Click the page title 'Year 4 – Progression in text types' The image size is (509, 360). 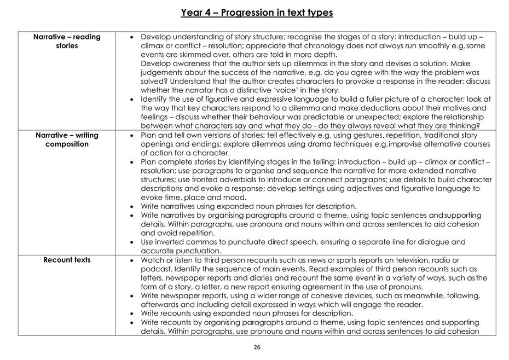[257, 13]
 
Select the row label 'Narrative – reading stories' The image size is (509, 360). [67, 41]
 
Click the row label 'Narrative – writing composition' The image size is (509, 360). [67, 140]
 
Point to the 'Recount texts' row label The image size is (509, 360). [67, 260]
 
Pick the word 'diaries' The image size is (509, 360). [246, 277]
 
